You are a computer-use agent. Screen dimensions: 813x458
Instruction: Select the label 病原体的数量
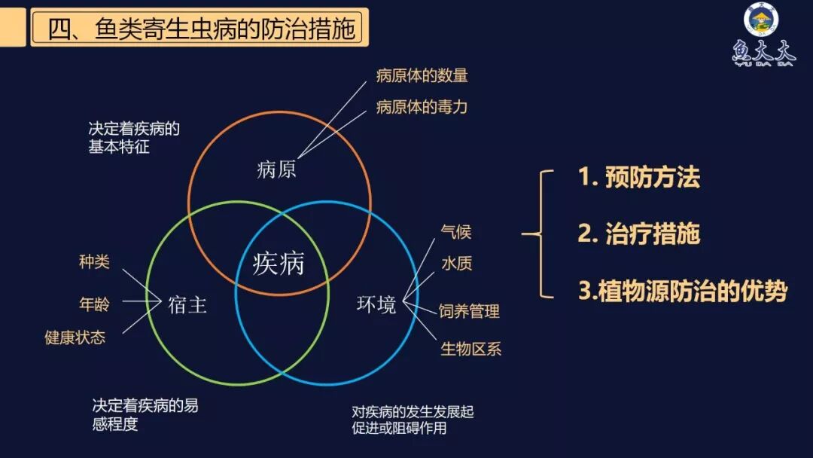click(x=422, y=75)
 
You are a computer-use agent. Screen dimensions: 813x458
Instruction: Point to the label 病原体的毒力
click(x=422, y=107)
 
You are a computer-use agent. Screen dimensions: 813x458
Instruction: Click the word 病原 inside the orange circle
click(x=276, y=169)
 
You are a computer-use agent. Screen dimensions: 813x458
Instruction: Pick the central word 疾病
click(x=279, y=264)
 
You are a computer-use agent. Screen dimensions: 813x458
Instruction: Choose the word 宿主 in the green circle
click(x=187, y=304)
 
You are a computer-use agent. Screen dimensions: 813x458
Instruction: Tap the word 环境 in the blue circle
click(x=376, y=304)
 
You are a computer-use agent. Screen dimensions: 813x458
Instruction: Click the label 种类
click(x=94, y=262)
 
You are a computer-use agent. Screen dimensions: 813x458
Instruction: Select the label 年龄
click(x=94, y=304)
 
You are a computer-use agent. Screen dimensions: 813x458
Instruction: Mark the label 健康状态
click(x=75, y=337)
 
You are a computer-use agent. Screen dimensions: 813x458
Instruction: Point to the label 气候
click(x=456, y=232)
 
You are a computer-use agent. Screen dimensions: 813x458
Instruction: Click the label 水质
click(x=456, y=264)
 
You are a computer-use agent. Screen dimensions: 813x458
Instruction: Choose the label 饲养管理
click(x=470, y=310)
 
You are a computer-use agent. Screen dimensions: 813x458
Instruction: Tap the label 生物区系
click(x=470, y=348)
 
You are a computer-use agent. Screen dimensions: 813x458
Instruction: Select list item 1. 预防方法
click(x=638, y=178)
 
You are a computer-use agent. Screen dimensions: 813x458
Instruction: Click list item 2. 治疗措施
click(x=638, y=234)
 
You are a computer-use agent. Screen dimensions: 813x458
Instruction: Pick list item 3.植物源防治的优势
click(x=682, y=292)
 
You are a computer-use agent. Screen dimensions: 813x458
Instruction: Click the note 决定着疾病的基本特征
click(x=134, y=137)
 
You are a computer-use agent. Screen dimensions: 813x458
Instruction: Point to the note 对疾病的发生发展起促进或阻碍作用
click(x=413, y=420)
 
